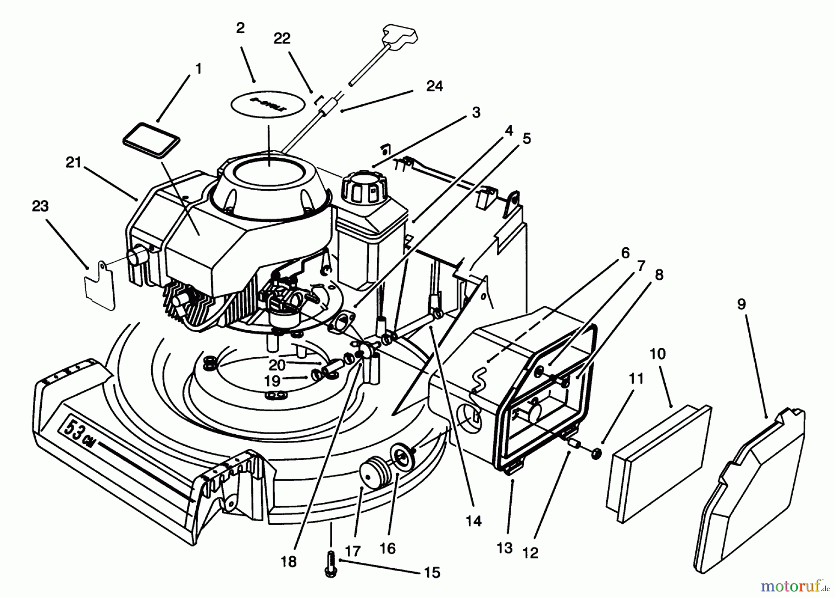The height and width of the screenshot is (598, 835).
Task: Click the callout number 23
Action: [40, 206]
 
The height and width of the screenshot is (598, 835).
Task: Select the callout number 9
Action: [741, 304]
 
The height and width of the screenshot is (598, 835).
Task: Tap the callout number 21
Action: [73, 162]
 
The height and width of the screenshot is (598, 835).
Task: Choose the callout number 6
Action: [625, 253]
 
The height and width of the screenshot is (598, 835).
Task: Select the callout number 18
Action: [288, 562]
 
